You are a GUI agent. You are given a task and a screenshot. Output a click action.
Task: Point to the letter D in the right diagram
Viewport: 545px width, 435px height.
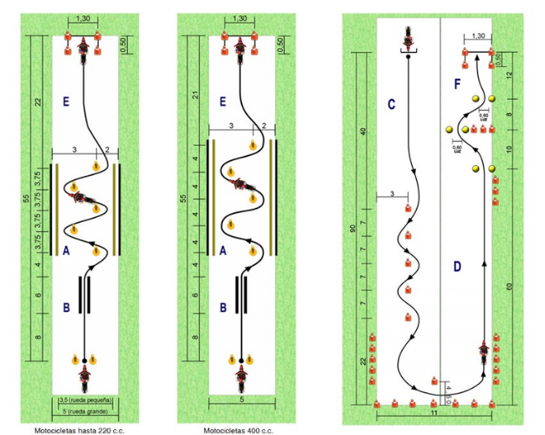(x=457, y=267)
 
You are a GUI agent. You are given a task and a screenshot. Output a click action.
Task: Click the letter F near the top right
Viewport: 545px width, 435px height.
(x=457, y=84)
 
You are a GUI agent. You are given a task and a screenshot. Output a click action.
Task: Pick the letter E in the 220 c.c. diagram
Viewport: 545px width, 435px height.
(x=66, y=102)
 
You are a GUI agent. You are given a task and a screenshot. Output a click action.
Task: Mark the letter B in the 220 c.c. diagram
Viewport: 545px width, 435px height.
(x=66, y=307)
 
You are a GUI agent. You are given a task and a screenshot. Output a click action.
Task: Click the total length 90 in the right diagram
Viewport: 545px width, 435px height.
(x=352, y=227)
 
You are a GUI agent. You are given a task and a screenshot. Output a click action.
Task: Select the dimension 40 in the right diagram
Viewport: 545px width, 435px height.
(x=364, y=131)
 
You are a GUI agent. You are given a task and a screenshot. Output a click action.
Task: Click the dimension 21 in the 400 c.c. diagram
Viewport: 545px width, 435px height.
(x=195, y=95)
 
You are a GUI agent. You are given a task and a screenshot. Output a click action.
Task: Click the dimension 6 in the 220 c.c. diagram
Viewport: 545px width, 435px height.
(x=38, y=295)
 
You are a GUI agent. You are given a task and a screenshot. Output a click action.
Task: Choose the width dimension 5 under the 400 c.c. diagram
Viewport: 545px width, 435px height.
(x=240, y=401)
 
